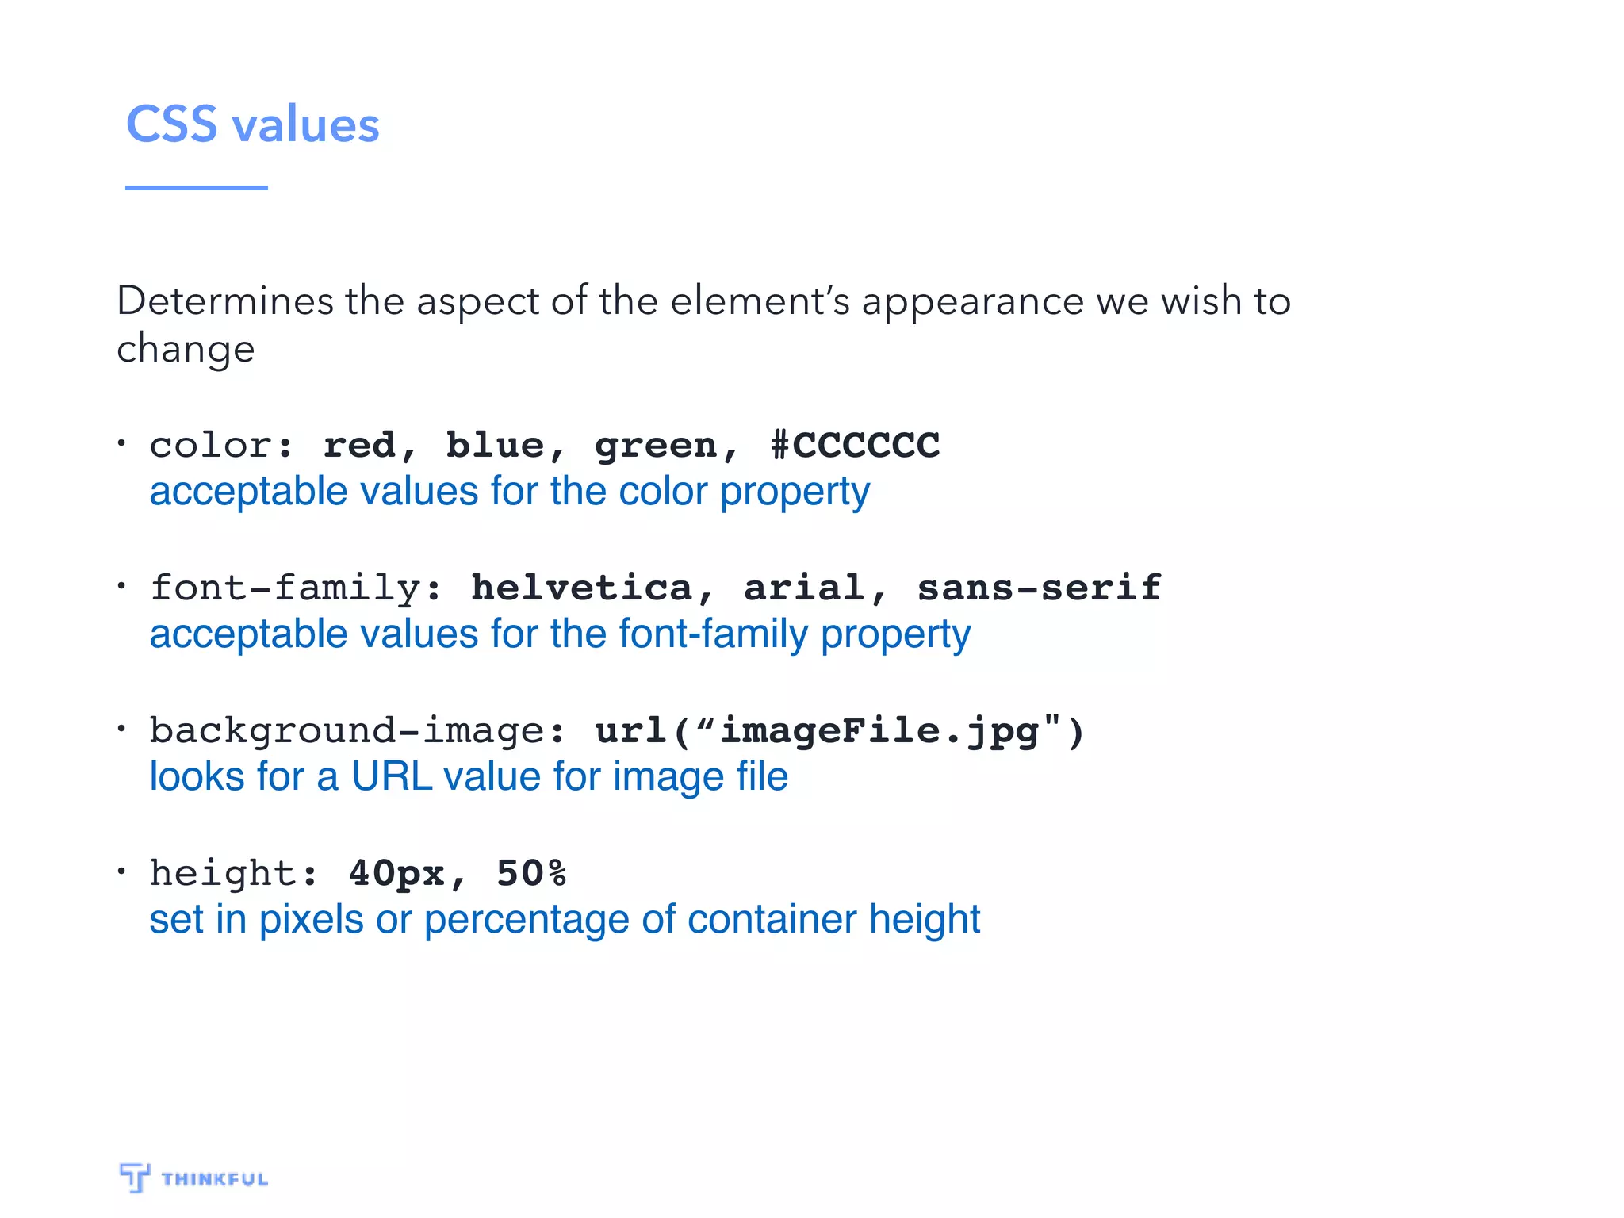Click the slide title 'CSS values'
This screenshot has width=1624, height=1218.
[x=253, y=124]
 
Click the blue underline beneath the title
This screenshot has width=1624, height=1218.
[x=196, y=188]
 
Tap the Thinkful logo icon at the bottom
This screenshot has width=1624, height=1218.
[x=134, y=1177]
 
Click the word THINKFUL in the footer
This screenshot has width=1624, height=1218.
[x=215, y=1179]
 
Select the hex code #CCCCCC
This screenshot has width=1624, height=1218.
[x=856, y=445]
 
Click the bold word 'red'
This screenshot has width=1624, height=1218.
[x=359, y=445]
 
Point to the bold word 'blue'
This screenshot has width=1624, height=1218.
[x=495, y=445]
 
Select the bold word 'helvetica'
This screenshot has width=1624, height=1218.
[x=581, y=588]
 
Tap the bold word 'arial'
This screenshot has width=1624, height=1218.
[x=804, y=588]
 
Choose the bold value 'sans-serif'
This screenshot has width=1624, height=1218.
[x=1039, y=588]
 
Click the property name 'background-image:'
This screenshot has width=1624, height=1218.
[x=358, y=731]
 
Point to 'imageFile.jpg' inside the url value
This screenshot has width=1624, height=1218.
[x=879, y=731]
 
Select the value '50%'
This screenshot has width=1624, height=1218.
[x=531, y=873]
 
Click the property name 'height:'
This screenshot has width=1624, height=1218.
[x=234, y=873]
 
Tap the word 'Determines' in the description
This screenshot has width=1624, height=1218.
[x=225, y=301]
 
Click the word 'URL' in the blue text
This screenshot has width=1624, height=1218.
[x=392, y=777]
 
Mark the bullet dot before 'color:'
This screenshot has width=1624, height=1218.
[x=121, y=442]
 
